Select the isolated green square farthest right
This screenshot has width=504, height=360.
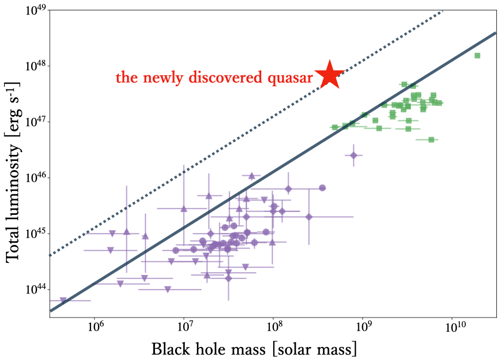(x=477, y=55)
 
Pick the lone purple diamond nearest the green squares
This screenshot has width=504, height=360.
(x=353, y=155)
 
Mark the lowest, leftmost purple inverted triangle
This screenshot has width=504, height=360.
(x=63, y=300)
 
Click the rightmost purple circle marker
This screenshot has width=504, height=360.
(x=322, y=188)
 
